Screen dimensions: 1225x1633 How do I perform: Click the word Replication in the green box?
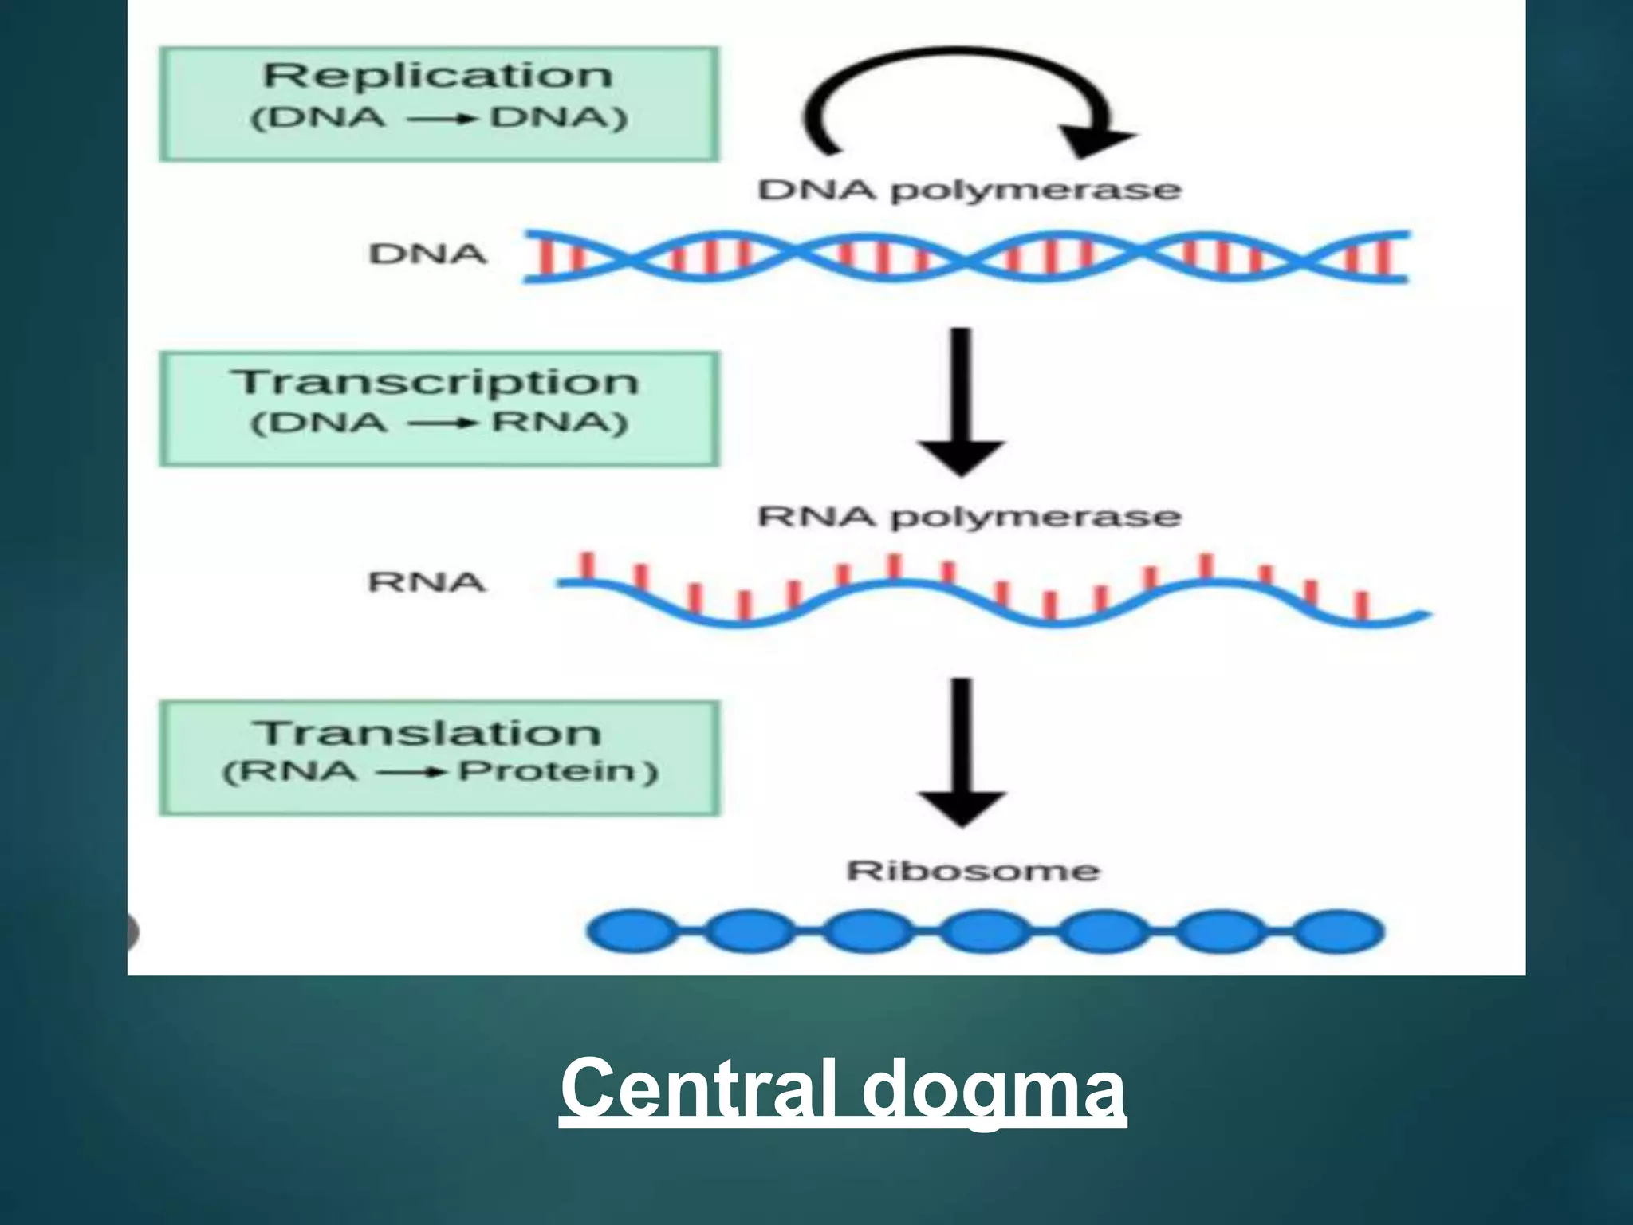click(x=438, y=77)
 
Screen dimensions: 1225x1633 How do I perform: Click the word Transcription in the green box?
click(x=436, y=381)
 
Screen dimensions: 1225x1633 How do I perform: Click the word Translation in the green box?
click(x=427, y=732)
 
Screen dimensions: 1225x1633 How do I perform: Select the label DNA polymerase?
click(x=968, y=190)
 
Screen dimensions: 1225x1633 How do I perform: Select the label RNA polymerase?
click(x=968, y=517)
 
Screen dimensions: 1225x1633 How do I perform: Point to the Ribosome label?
click(x=972, y=870)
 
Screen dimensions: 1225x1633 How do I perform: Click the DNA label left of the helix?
click(x=427, y=254)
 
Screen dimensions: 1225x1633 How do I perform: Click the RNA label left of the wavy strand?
click(x=426, y=582)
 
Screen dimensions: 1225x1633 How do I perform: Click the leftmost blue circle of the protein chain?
click(x=630, y=932)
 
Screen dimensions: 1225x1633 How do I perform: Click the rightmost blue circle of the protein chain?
click(x=1338, y=932)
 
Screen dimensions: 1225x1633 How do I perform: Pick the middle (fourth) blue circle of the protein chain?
click(x=985, y=932)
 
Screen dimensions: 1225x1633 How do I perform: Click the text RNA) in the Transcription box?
click(x=559, y=423)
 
